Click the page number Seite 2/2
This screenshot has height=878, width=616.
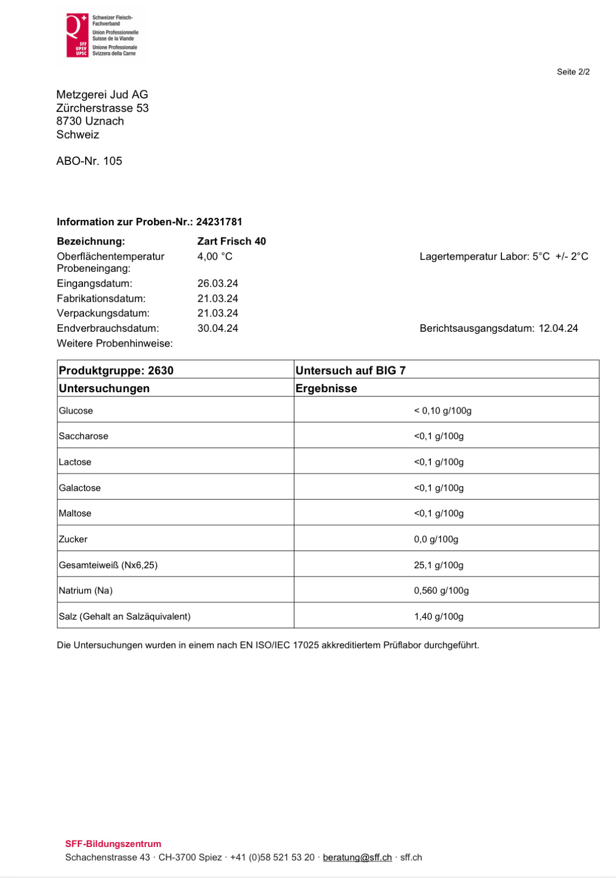(573, 72)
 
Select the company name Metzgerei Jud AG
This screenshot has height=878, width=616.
(102, 95)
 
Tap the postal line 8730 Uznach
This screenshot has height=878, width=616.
(90, 121)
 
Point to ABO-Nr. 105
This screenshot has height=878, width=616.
(89, 161)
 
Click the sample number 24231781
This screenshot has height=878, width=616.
(219, 222)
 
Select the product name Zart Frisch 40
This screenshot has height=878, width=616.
(231, 241)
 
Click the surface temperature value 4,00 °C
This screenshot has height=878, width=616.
(215, 256)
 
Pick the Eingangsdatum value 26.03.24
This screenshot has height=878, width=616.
(217, 284)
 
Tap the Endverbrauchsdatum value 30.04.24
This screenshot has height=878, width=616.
(217, 329)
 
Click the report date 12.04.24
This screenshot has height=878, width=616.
(558, 329)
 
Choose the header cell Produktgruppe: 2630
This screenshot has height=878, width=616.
(116, 370)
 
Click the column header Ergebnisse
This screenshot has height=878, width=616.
(326, 388)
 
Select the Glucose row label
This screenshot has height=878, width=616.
(76, 411)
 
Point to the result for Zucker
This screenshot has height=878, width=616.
(436, 539)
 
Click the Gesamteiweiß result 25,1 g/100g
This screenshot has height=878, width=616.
(438, 565)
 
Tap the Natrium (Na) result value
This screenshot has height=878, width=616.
(441, 591)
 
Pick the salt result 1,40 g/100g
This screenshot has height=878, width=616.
(438, 616)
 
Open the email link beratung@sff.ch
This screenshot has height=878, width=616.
(357, 857)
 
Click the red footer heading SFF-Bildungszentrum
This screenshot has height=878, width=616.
(113, 844)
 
